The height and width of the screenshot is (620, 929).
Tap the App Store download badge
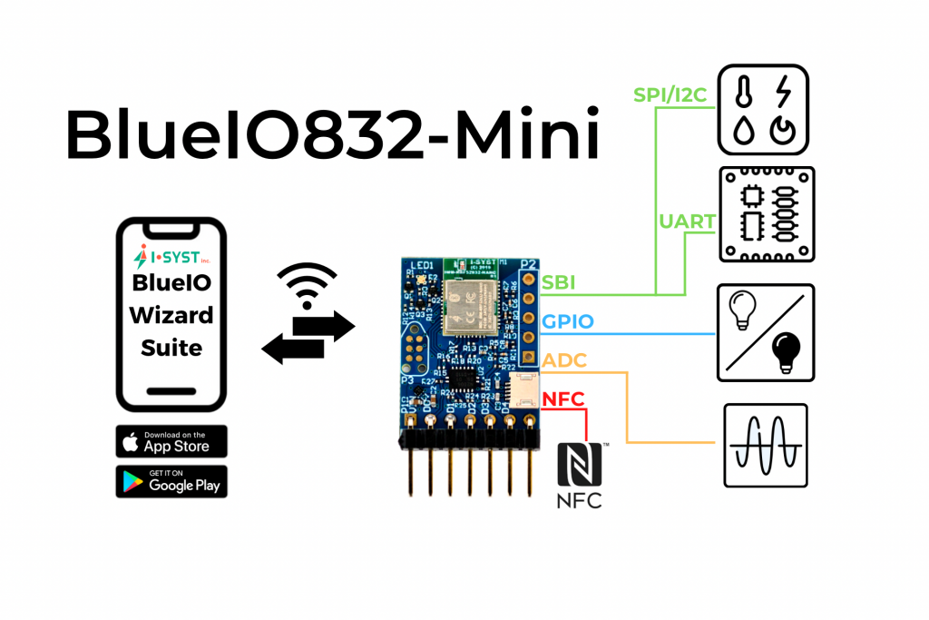point(171,442)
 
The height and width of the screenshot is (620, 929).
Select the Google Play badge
point(171,481)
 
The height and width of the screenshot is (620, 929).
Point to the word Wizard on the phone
point(171,315)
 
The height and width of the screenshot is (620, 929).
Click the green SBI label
point(558,283)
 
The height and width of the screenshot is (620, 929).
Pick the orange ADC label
point(563,360)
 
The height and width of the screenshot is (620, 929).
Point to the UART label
point(688,221)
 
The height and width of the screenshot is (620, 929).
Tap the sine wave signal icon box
point(765,445)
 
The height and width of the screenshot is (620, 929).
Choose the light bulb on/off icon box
point(765,331)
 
